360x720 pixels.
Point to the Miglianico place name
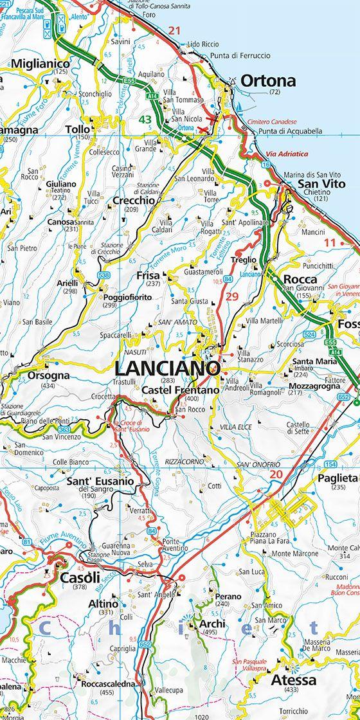[40, 64]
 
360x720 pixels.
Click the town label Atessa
[293, 679]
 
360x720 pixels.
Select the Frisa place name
[148, 275]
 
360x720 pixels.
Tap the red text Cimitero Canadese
[270, 122]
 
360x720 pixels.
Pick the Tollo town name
[78, 129]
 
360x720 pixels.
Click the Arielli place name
[67, 283]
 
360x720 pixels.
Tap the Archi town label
[212, 624]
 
